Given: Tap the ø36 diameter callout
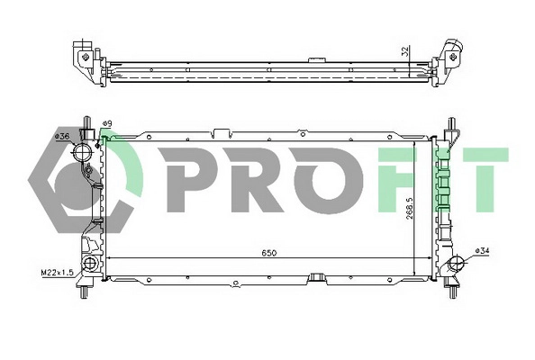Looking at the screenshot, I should (x=62, y=136).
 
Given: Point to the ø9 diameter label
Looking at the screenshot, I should (x=106, y=123).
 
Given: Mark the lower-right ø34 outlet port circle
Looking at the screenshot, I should (x=456, y=265).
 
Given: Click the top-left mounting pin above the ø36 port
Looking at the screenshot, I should (x=86, y=122).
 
